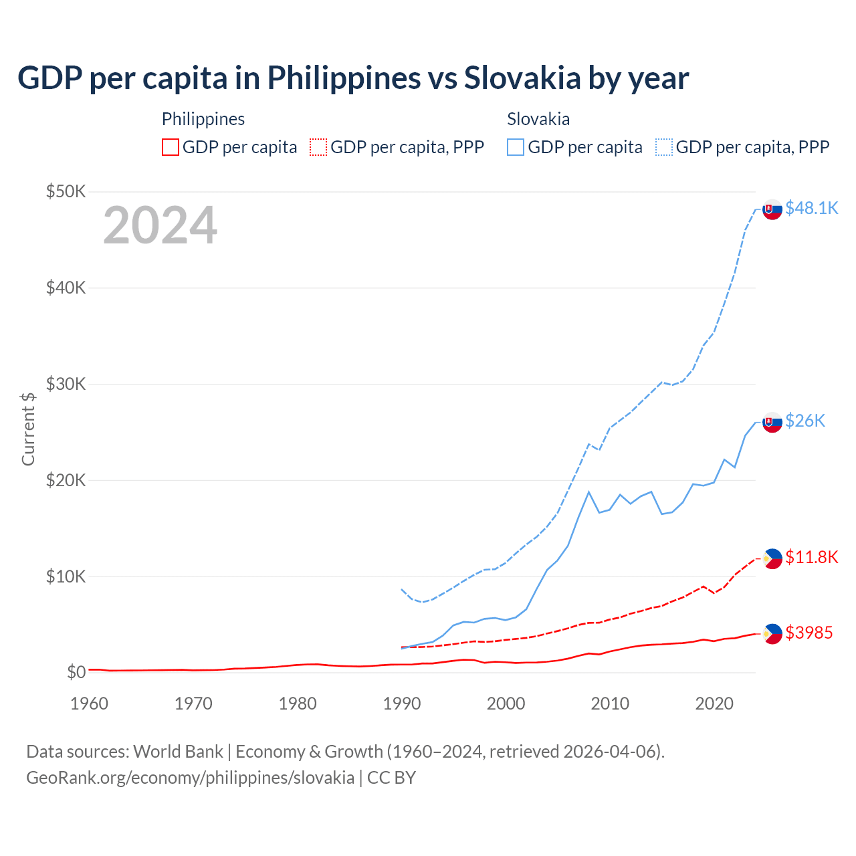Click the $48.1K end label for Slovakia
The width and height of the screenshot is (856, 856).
pyautogui.click(x=811, y=209)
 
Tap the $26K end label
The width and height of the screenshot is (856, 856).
pyautogui.click(x=805, y=421)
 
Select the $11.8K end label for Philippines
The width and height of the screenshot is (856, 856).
pyautogui.click(x=811, y=557)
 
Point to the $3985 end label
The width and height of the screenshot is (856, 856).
pyautogui.click(x=809, y=633)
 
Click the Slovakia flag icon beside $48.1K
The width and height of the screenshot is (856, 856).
pyautogui.click(x=772, y=209)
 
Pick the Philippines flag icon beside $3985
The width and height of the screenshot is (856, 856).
pyautogui.click(x=772, y=633)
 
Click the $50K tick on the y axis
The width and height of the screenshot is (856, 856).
pyautogui.click(x=66, y=192)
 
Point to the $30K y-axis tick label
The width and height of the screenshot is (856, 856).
pyautogui.click(x=66, y=384)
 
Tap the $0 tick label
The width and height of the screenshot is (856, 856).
pyautogui.click(x=76, y=672)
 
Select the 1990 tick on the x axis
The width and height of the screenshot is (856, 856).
pyautogui.click(x=402, y=704)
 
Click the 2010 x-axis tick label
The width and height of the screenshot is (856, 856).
pyautogui.click(x=610, y=704)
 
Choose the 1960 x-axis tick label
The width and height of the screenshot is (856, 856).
pyautogui.click(x=90, y=704)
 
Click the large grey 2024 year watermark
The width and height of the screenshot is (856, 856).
pyautogui.click(x=160, y=225)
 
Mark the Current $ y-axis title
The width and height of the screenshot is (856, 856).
pyautogui.click(x=28, y=429)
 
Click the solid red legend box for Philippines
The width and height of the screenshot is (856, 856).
pyautogui.click(x=171, y=147)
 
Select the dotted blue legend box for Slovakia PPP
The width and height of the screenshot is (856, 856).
pyautogui.click(x=664, y=147)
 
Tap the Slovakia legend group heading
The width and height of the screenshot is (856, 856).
pyautogui.click(x=538, y=119)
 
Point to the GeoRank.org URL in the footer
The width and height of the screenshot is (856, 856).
pyautogui.click(x=190, y=778)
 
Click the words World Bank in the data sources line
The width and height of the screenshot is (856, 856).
pyautogui.click(x=178, y=752)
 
